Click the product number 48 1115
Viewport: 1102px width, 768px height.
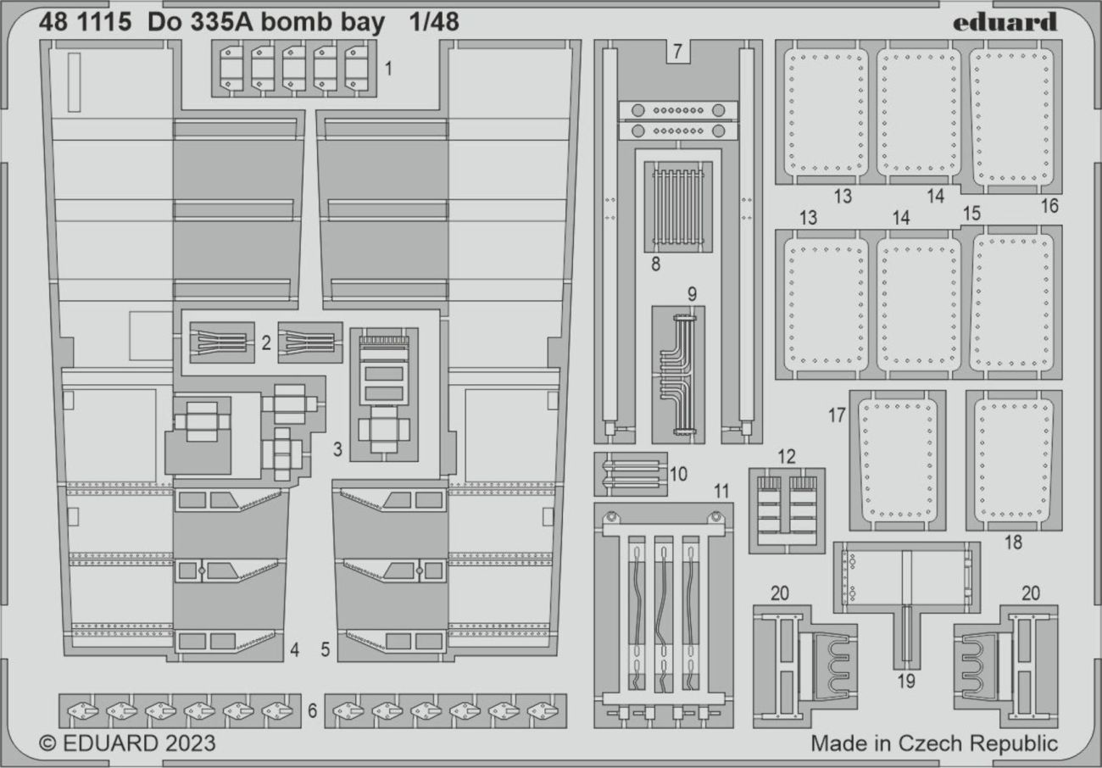(85, 22)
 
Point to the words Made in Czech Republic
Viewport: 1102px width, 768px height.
(934, 743)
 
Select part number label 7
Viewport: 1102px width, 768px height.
(677, 51)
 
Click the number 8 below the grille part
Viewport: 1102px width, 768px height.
(655, 264)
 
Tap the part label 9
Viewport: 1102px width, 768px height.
(692, 294)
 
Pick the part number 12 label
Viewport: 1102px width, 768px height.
(787, 457)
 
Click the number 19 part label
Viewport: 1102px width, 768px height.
(905, 682)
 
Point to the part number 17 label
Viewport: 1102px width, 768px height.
(837, 415)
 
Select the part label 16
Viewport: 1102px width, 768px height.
(1049, 206)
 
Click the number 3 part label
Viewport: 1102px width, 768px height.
(337, 449)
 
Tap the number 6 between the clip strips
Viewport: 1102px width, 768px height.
(313, 710)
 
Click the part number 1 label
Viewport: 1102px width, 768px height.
(388, 69)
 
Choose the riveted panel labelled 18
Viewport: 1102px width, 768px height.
(1014, 460)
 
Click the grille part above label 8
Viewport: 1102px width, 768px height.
(678, 207)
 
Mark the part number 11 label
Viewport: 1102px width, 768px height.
(721, 491)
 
